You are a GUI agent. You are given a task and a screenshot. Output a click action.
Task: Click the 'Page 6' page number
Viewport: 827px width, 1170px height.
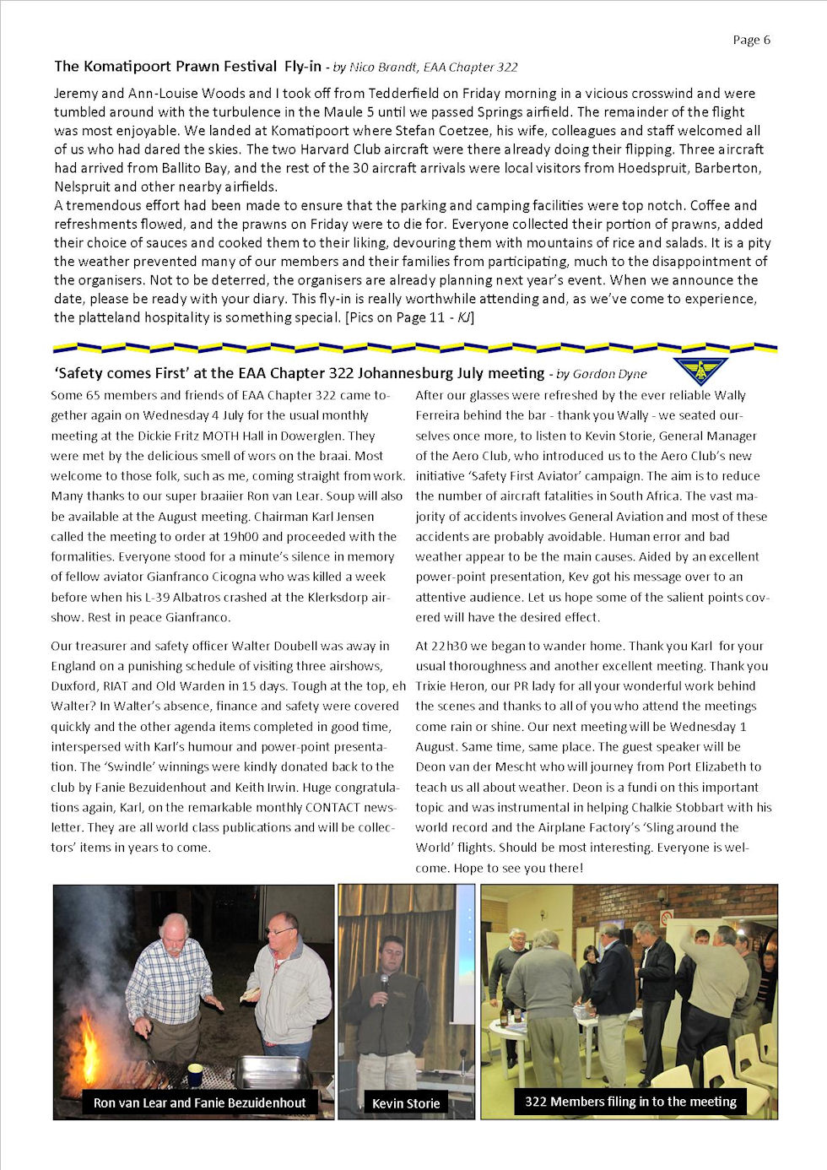751,40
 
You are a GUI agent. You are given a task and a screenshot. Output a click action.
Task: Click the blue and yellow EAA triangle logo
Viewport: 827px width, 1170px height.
700,369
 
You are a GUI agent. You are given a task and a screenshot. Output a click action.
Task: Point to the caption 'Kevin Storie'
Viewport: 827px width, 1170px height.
406,1103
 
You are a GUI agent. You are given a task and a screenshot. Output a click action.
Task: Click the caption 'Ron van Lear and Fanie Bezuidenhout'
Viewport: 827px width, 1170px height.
199,1102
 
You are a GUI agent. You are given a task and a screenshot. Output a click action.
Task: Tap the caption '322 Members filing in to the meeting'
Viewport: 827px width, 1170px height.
630,1102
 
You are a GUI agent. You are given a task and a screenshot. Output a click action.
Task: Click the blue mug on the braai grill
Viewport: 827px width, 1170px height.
195,1074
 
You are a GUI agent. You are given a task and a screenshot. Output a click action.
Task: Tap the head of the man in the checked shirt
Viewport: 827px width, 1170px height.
175,929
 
